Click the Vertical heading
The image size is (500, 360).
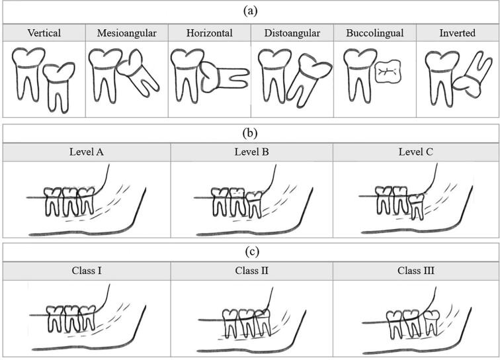44,32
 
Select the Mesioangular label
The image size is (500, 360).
126,32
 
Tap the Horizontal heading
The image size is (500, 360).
209,32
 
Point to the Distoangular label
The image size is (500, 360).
292,32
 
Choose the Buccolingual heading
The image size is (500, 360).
374,32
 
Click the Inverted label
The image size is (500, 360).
457,32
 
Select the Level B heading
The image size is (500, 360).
251,152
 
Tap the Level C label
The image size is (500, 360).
415,152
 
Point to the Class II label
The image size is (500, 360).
251,271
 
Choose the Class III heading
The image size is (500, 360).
415,271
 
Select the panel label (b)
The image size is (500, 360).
250,132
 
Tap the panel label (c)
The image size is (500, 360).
250,251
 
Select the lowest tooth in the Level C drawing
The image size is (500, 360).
415,206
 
